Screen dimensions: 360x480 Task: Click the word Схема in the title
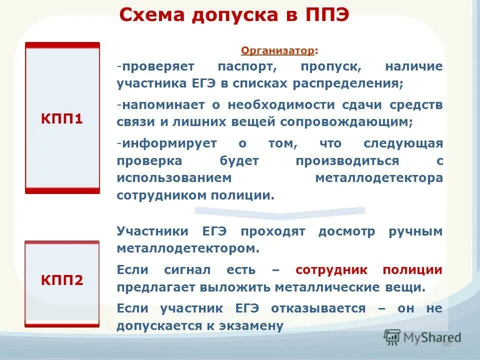tap(149, 15)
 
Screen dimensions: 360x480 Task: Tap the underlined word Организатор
tap(278, 50)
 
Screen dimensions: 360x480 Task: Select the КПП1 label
tap(62, 119)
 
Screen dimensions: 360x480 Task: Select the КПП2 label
tap(62, 280)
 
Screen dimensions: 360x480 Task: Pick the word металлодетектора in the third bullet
tap(378, 178)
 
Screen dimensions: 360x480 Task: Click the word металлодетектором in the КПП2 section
tap(188, 248)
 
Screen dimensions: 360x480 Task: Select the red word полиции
tap(412, 270)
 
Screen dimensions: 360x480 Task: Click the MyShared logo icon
tap(392, 337)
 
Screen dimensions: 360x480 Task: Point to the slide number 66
tap(446, 344)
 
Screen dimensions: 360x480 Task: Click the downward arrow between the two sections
tap(280, 212)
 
